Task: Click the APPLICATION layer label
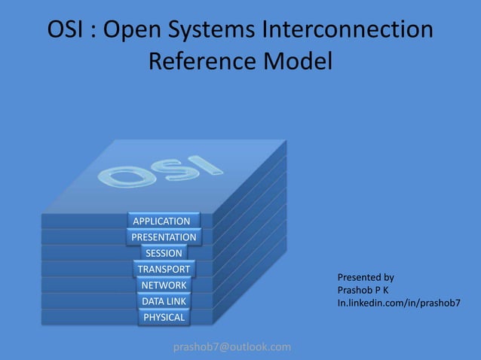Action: [x=161, y=221]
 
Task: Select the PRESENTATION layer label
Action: [x=164, y=237]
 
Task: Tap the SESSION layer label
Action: [x=164, y=253]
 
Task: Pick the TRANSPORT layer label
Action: [x=164, y=269]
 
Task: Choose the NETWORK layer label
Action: [x=164, y=285]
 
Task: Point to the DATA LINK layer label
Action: [x=164, y=301]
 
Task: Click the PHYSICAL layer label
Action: [x=164, y=317]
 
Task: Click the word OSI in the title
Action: [x=66, y=31]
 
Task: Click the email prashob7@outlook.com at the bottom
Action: [x=231, y=346]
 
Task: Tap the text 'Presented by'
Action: [x=365, y=277]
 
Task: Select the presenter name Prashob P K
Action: [x=363, y=290]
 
